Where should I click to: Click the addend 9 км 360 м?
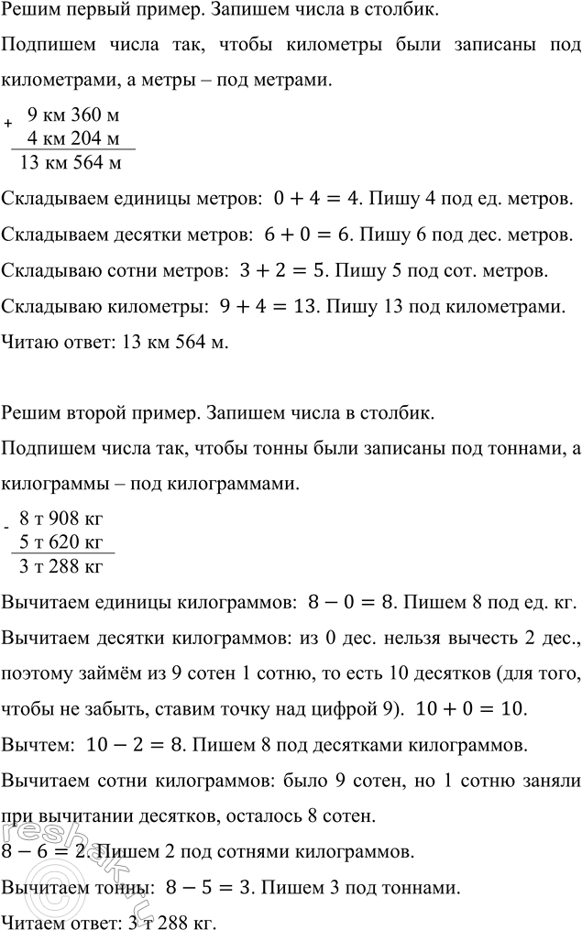click(x=74, y=115)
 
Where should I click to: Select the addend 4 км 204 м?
click(x=74, y=139)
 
